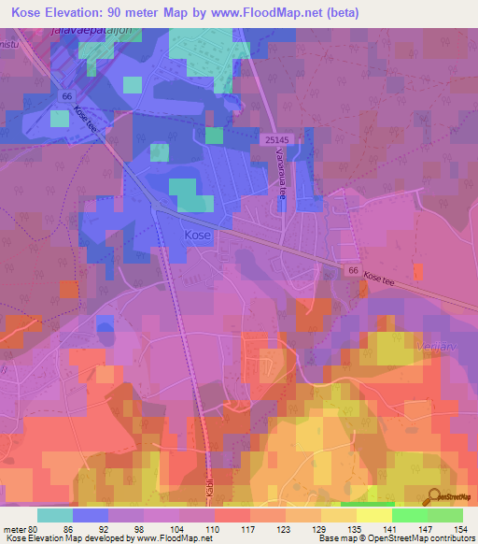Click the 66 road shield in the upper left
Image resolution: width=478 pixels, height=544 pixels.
click(x=66, y=95)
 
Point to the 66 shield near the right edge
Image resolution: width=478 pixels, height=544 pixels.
click(x=354, y=269)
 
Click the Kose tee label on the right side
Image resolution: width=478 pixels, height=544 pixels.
click(x=387, y=279)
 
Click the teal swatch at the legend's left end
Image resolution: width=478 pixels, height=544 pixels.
click(x=55, y=514)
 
